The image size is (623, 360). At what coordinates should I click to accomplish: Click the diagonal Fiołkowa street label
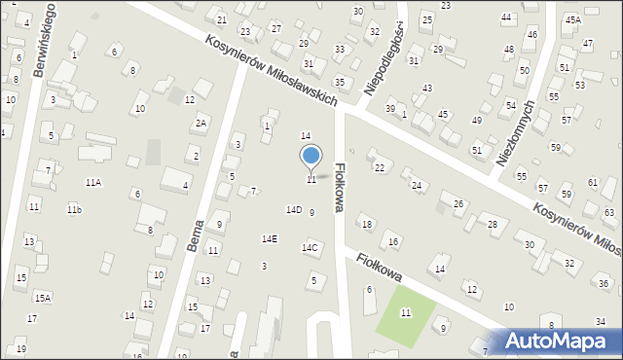tap(380, 267)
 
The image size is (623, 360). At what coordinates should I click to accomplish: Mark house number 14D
tap(293, 209)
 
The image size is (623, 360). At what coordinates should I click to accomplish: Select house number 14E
tap(269, 239)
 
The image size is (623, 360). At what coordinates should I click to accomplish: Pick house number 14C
tap(309, 248)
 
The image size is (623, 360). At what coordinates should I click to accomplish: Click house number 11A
tap(93, 182)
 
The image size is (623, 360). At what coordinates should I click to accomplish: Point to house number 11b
tap(74, 210)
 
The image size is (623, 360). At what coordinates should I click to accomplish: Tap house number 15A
tap(43, 298)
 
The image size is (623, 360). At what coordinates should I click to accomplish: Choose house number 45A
tap(572, 19)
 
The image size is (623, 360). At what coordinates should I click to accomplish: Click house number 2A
tap(201, 124)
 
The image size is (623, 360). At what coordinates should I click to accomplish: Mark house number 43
tap(426, 89)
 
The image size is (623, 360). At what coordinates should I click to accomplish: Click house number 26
tap(458, 204)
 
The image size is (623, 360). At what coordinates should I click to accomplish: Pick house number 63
tap(609, 212)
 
